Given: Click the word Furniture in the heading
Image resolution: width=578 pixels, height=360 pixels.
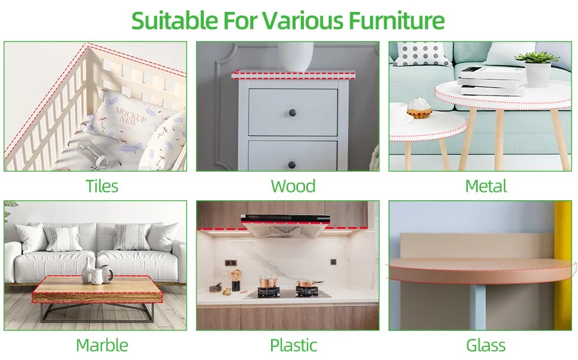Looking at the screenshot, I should (396, 21).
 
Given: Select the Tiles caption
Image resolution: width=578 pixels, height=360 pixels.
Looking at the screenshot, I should (102, 186).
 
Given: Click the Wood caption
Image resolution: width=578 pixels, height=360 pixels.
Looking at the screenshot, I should (293, 186).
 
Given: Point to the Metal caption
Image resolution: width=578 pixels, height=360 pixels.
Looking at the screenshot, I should (486, 186).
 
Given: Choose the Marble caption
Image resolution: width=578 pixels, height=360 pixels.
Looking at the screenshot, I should (102, 345).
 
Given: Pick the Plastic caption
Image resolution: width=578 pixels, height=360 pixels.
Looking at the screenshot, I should (293, 345).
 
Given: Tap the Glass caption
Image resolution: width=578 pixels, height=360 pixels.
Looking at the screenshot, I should (486, 345).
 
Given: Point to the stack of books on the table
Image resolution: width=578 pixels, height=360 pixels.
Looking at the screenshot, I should (492, 81).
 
